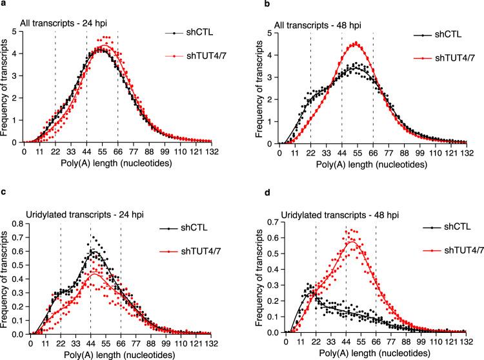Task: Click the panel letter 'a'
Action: pyautogui.click(x=4, y=5)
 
